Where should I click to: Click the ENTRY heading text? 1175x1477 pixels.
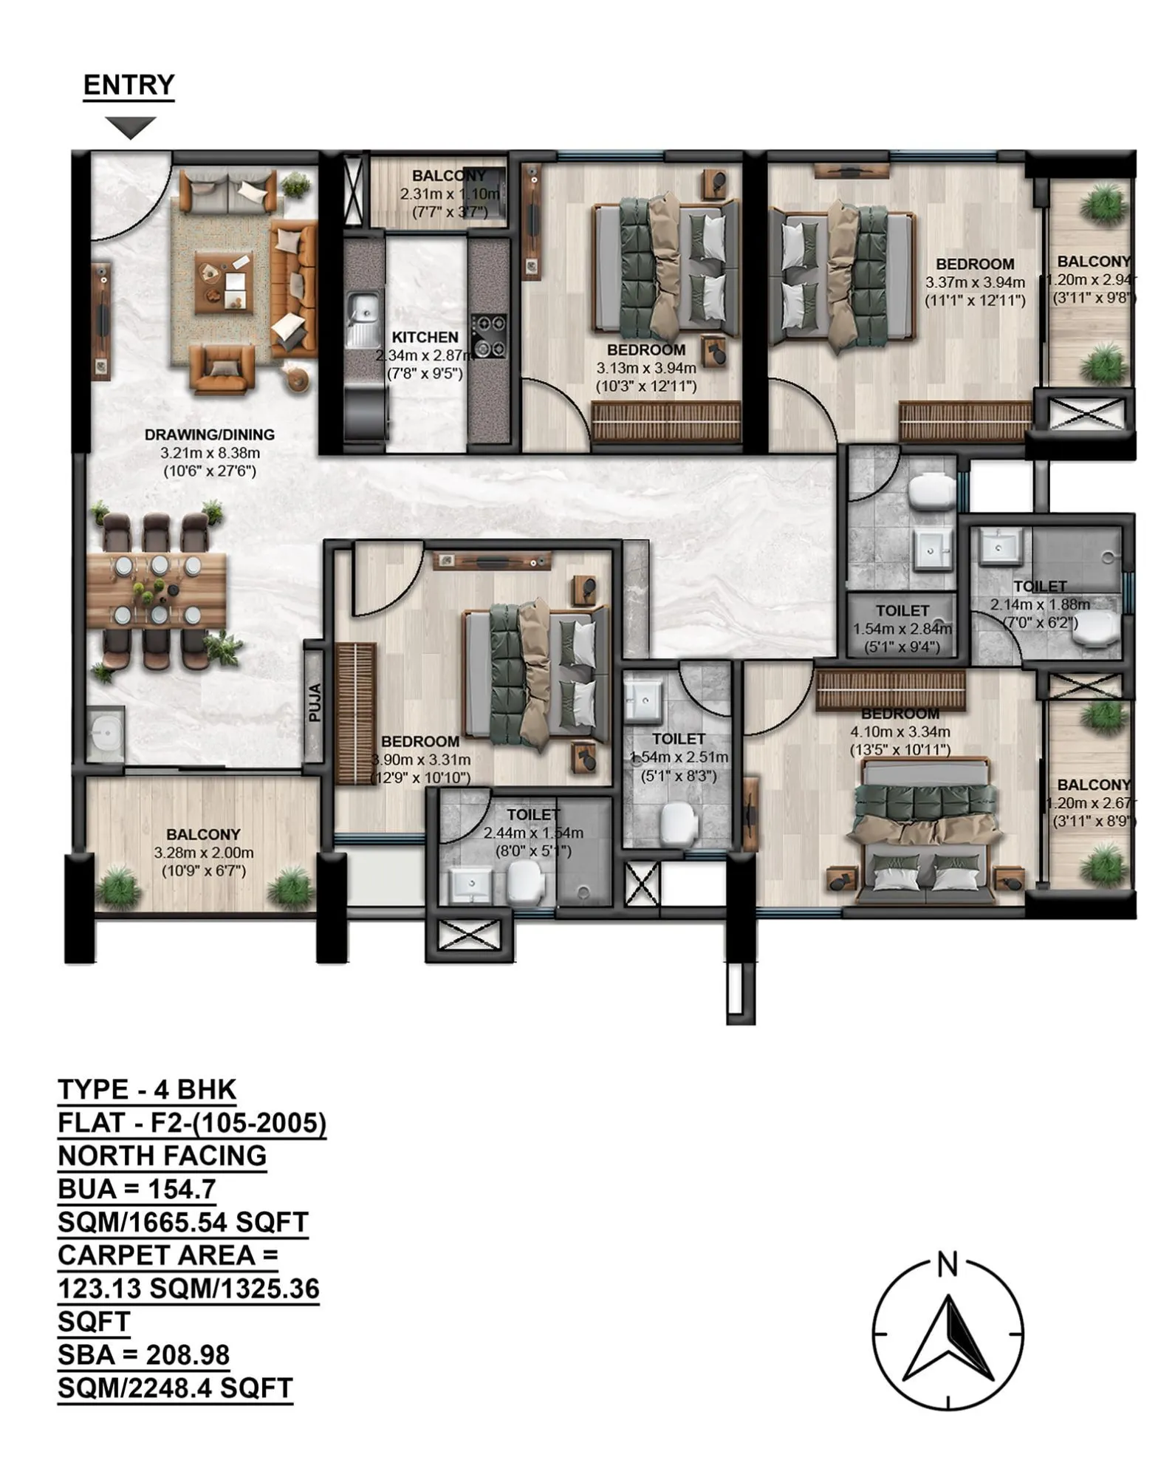[x=129, y=85]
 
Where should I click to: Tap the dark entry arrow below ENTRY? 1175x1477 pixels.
[x=130, y=128]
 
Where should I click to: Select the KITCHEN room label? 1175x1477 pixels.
[x=425, y=337]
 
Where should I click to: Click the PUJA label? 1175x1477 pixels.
[x=315, y=702]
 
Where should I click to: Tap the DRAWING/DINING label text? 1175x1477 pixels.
[x=209, y=434]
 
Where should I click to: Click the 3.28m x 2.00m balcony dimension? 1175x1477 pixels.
[x=203, y=853]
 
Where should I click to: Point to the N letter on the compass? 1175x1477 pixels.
[x=947, y=1265]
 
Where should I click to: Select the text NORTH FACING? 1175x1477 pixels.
[x=162, y=1156]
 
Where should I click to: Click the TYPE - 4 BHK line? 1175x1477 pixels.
[x=147, y=1090]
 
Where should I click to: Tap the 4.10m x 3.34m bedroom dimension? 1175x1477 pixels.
[x=900, y=732]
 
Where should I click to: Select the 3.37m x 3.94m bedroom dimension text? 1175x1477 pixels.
[x=975, y=282]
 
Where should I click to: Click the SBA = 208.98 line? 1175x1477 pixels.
[x=144, y=1355]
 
